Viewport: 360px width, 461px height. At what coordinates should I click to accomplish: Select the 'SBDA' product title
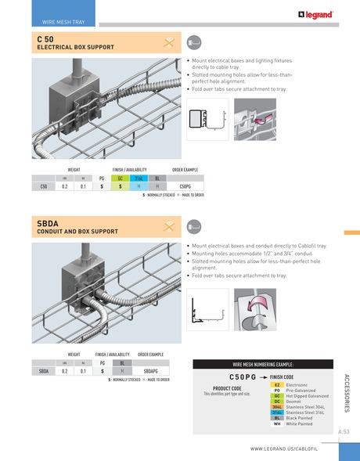49,224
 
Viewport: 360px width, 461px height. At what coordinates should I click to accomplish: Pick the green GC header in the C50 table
120,178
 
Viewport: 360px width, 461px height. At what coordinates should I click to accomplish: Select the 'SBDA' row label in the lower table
45,371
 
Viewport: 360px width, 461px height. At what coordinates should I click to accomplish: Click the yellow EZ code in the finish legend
277,385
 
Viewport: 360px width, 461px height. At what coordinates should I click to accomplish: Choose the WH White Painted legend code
277,423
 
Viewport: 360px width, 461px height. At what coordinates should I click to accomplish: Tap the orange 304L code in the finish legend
277,407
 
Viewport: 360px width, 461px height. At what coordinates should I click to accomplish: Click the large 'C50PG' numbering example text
238,376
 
